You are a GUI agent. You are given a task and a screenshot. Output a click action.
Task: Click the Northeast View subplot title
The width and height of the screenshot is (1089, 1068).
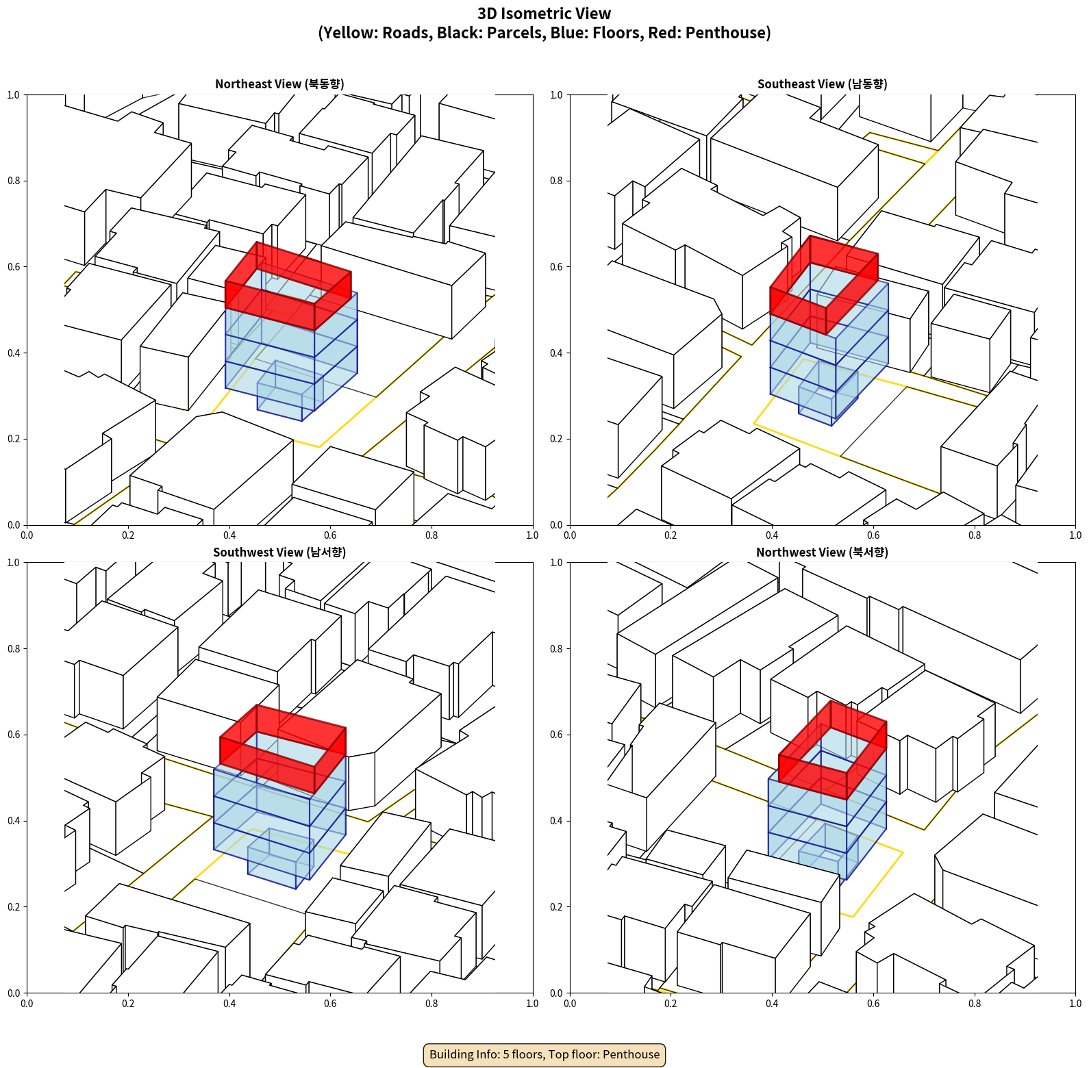pos(279,84)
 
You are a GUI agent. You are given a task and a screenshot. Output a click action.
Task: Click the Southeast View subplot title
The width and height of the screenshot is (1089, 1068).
pos(822,84)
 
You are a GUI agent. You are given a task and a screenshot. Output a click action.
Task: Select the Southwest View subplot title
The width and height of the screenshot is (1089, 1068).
pos(279,552)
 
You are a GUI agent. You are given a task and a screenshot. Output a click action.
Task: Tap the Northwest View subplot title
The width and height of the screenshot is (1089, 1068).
pos(822,552)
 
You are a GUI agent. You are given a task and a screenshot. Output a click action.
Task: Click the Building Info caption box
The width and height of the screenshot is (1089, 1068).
pos(544,1054)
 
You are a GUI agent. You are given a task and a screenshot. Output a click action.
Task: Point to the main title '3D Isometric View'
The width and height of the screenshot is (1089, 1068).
pos(544,14)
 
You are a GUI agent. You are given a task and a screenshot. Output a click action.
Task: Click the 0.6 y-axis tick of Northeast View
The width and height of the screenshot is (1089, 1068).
pos(14,267)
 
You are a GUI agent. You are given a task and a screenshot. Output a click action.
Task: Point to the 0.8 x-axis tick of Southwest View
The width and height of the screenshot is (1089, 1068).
pos(431,1004)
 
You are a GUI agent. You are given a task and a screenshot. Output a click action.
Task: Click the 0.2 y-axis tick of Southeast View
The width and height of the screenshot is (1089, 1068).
pos(557,439)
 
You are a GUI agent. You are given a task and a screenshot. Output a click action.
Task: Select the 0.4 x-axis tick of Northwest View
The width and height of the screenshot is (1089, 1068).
pos(772,1004)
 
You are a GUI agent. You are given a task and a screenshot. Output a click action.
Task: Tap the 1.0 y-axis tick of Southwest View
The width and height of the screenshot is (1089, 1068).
pos(14,563)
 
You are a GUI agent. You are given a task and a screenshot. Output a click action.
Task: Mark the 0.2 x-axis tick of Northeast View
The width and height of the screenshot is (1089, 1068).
pos(128,535)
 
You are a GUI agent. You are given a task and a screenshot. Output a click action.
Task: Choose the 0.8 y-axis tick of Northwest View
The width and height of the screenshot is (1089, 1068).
pos(557,649)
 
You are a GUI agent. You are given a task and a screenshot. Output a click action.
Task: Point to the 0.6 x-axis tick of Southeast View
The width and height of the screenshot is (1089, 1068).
pos(873,535)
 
